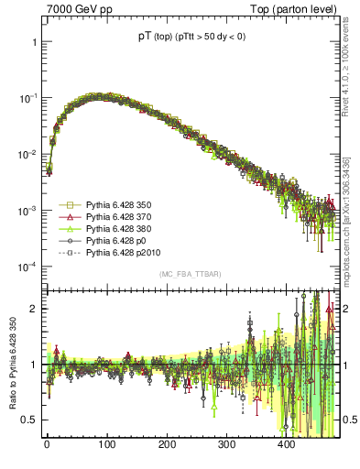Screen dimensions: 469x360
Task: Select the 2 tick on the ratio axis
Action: click(33, 309)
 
